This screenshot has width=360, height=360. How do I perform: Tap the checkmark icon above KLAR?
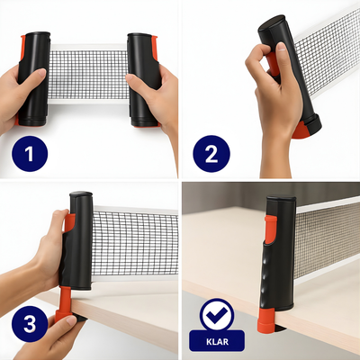tap(216, 315)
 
